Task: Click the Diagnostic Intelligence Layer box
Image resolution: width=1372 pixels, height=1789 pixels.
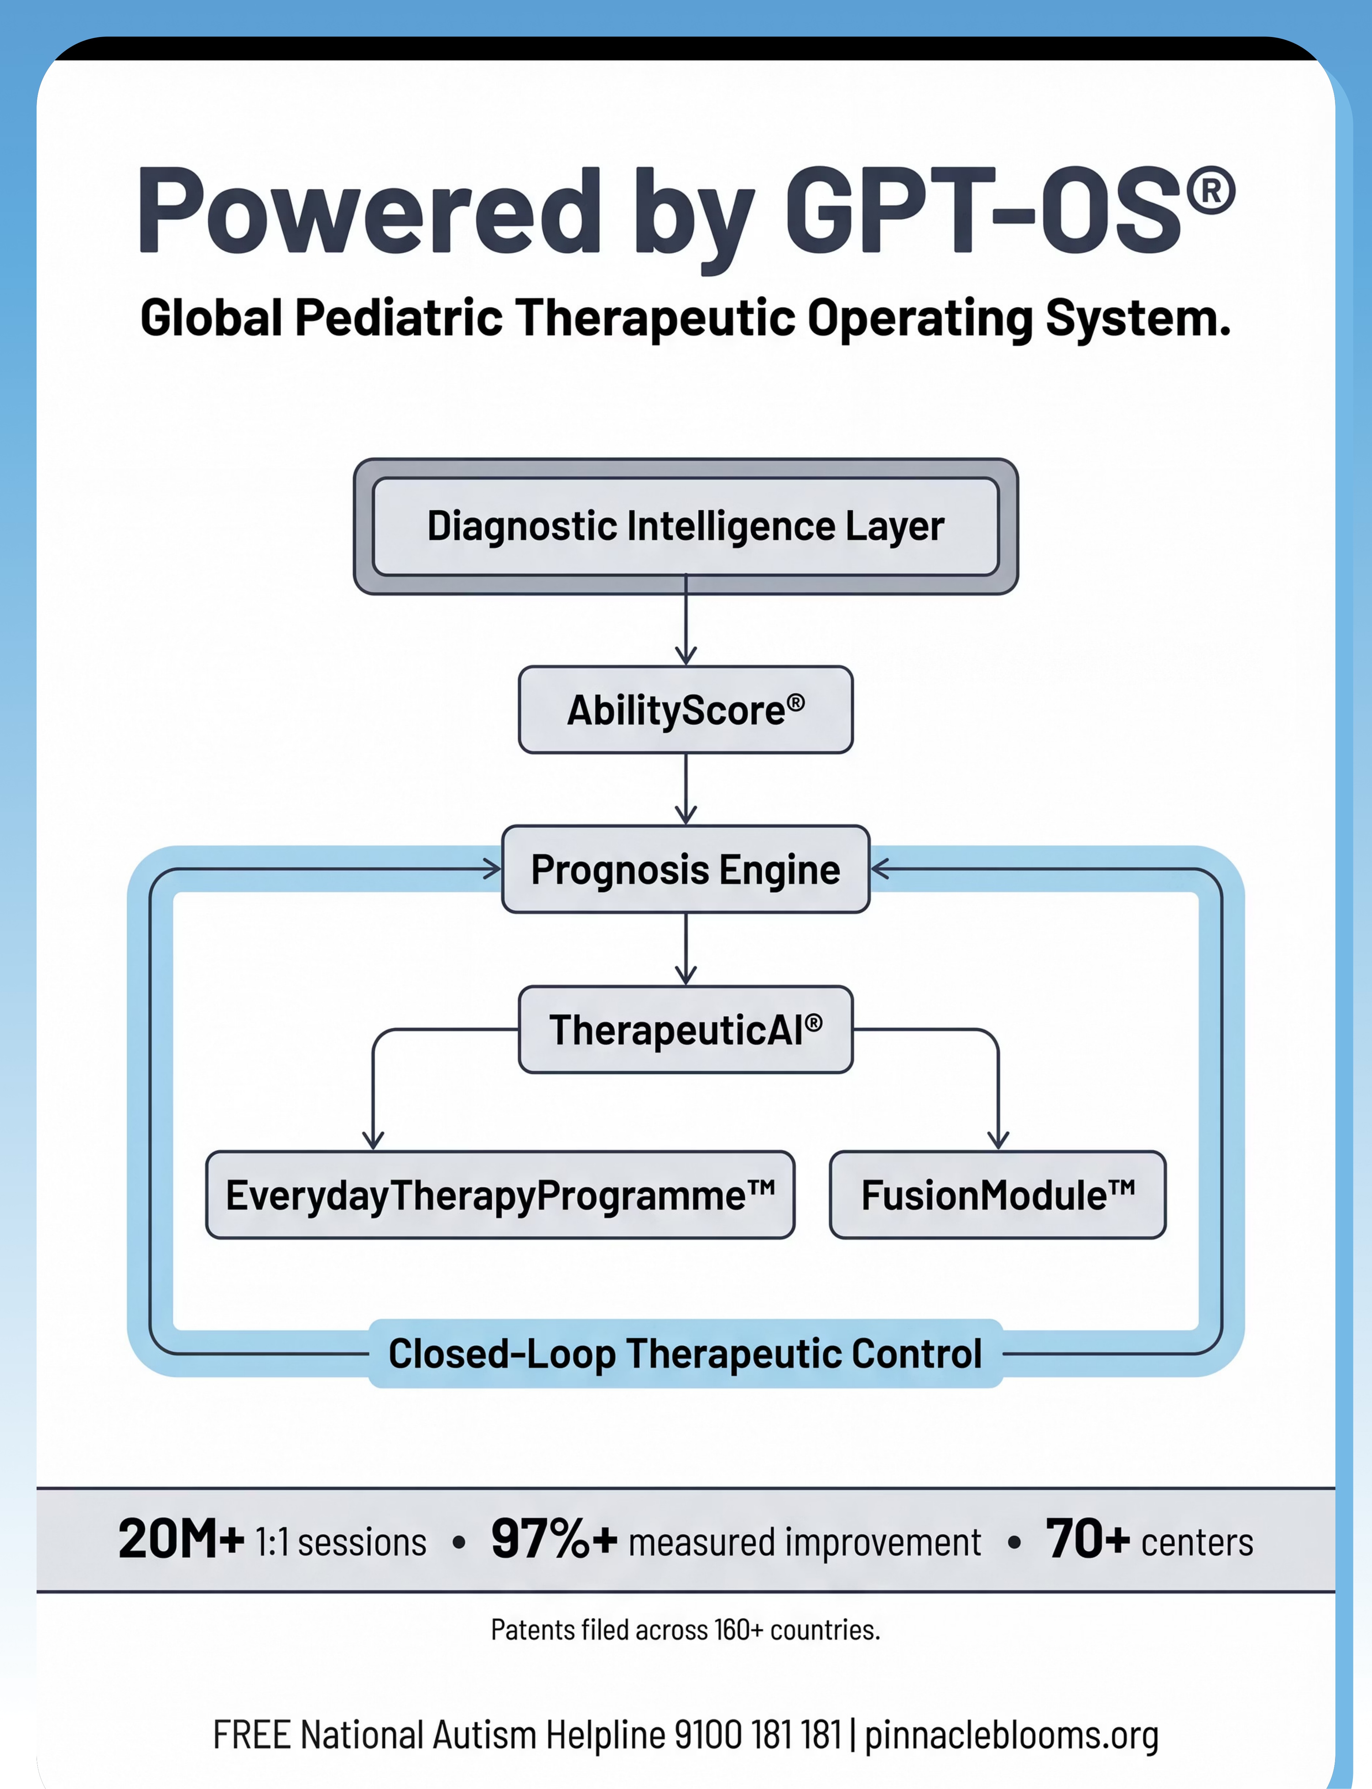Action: (686, 526)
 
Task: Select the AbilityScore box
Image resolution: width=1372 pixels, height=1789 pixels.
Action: (686, 709)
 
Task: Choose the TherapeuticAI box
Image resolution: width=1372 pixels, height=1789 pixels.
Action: (686, 1029)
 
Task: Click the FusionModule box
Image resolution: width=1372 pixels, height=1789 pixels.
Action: (998, 1195)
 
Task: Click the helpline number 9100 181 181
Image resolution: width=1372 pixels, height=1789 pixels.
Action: (758, 1734)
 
